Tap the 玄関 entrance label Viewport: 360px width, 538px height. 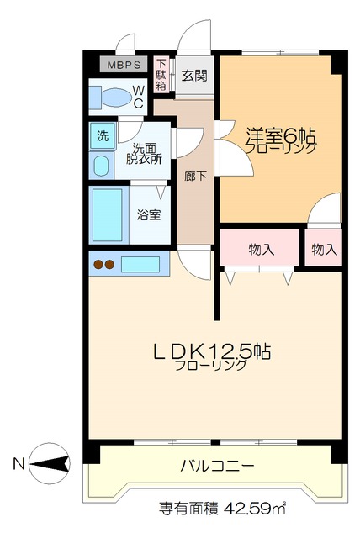point(194,76)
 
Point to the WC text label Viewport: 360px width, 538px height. point(137,98)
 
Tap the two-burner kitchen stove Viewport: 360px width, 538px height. point(103,265)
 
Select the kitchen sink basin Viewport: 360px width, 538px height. point(140,264)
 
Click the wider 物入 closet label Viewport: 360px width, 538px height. point(261,249)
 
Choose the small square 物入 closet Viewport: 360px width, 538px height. point(323,249)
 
